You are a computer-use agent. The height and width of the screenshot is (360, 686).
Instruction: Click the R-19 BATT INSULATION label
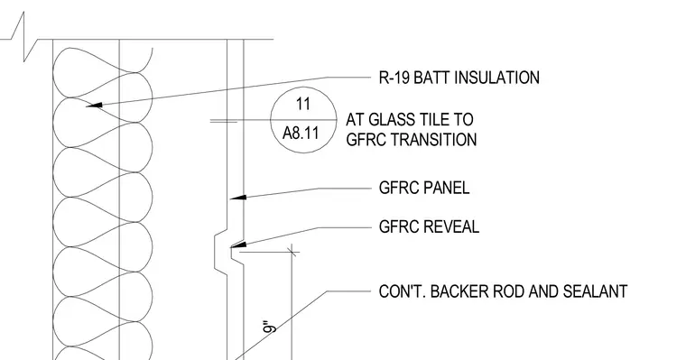point(459,78)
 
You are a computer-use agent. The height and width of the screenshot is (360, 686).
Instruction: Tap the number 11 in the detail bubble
point(302,104)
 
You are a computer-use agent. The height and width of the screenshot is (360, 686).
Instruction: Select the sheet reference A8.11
point(301,133)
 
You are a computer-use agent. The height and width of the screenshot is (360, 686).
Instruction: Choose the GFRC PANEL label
point(424,188)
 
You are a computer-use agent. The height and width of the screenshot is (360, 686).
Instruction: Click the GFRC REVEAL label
point(429,226)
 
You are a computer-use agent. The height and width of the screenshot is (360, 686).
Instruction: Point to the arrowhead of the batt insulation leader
point(94,105)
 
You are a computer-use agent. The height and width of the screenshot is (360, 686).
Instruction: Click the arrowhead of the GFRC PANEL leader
point(238,198)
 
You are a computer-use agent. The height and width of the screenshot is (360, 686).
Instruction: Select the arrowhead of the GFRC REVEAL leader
point(238,245)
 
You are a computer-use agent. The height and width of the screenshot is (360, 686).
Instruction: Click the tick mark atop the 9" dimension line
point(292,252)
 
